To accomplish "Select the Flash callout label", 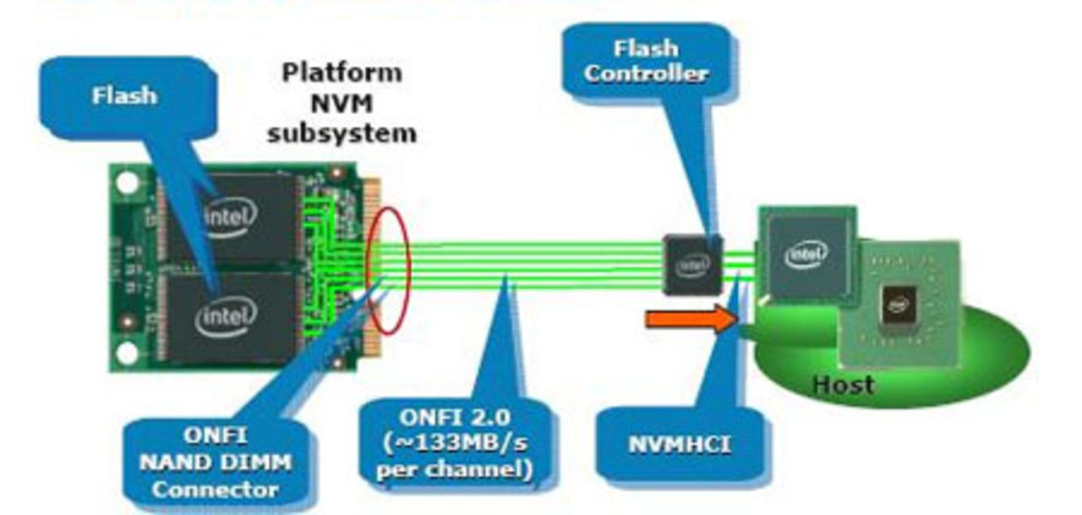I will [124, 95].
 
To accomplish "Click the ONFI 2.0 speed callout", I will [456, 445].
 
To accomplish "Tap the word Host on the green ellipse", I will [843, 385].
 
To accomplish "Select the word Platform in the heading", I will [342, 72].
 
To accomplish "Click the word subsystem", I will [342, 133].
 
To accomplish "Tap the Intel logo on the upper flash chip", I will [229, 218].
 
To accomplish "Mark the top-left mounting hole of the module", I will [127, 181].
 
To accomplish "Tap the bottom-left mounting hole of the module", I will [128, 353].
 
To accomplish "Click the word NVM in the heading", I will [342, 102].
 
